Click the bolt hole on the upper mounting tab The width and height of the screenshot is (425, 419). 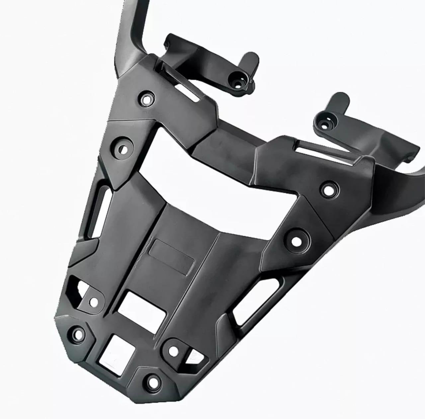[239, 77]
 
